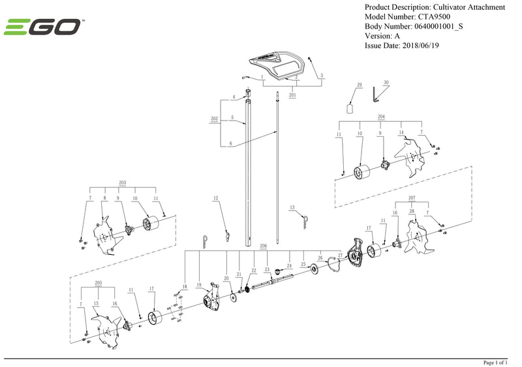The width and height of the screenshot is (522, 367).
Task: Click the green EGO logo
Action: [43, 27]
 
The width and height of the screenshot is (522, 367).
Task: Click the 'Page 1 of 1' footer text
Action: [500, 362]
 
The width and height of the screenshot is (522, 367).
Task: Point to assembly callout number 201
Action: [292, 95]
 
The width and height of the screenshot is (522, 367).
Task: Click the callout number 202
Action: [214, 119]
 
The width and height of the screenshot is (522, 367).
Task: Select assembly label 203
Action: [122, 183]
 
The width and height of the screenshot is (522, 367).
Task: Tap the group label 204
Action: [381, 117]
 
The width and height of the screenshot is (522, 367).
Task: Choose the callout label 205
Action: [99, 284]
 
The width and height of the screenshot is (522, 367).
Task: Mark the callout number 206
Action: [264, 246]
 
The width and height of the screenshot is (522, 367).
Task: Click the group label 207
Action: [411, 196]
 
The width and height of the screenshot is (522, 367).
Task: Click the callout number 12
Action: [215, 197]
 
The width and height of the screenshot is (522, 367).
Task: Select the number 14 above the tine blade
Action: [401, 133]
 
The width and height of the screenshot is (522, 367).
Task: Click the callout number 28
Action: [412, 213]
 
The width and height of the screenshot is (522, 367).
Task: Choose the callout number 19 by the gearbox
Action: [199, 285]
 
